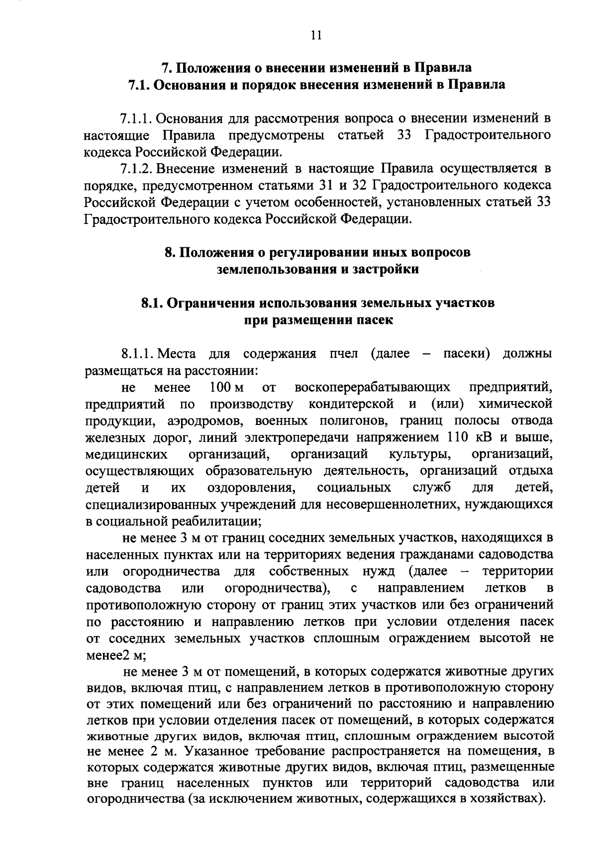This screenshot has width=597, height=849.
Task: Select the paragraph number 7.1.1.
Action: [x=136, y=119]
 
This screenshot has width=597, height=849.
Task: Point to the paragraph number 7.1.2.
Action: [x=136, y=168]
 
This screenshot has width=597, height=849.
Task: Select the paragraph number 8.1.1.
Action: [x=136, y=354]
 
